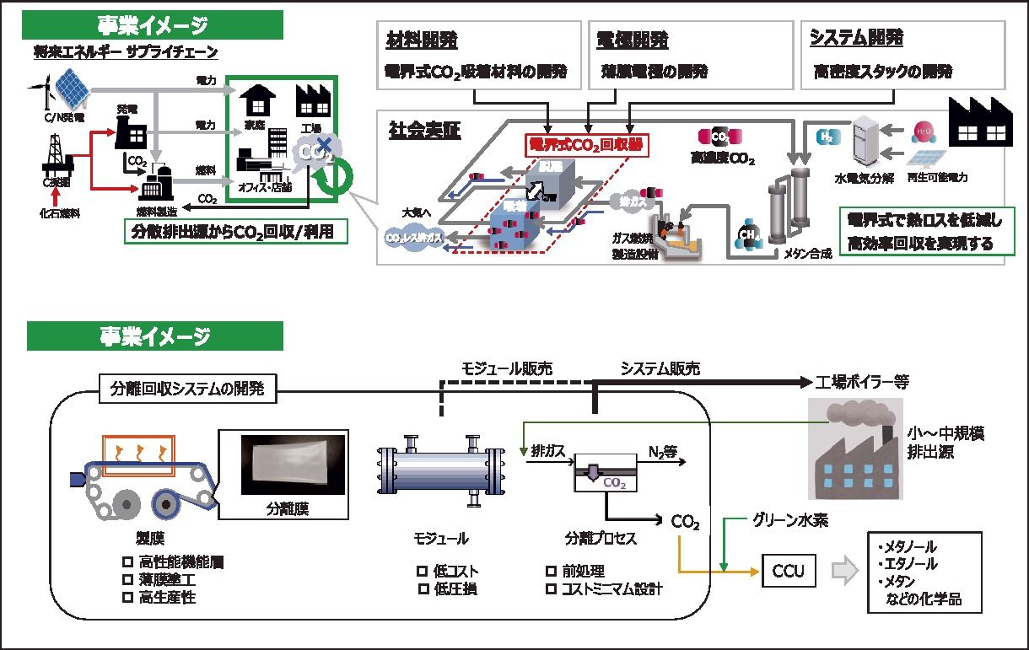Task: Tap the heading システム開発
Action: point(856,38)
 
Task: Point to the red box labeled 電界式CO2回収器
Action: point(586,145)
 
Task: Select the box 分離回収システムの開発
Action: point(187,389)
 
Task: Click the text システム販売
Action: point(660,368)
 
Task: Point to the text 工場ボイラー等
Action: point(862,382)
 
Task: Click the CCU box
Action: point(789,572)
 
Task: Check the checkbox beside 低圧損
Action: point(423,588)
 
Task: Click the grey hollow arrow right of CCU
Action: point(844,572)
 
